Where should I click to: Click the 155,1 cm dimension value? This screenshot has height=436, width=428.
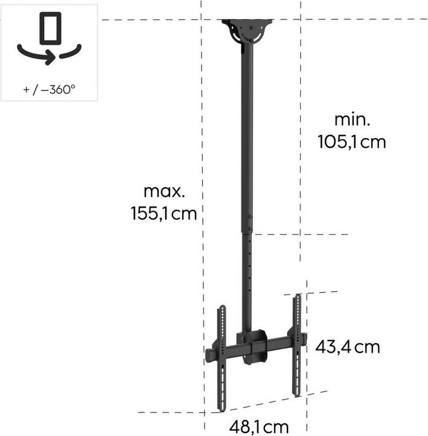[163, 213]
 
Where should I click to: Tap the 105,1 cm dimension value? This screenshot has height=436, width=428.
[351, 142]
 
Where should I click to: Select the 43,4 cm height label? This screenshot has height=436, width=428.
[347, 347]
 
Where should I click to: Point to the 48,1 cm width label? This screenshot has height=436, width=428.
[258, 426]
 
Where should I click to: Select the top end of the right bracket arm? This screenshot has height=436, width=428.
[297, 298]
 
